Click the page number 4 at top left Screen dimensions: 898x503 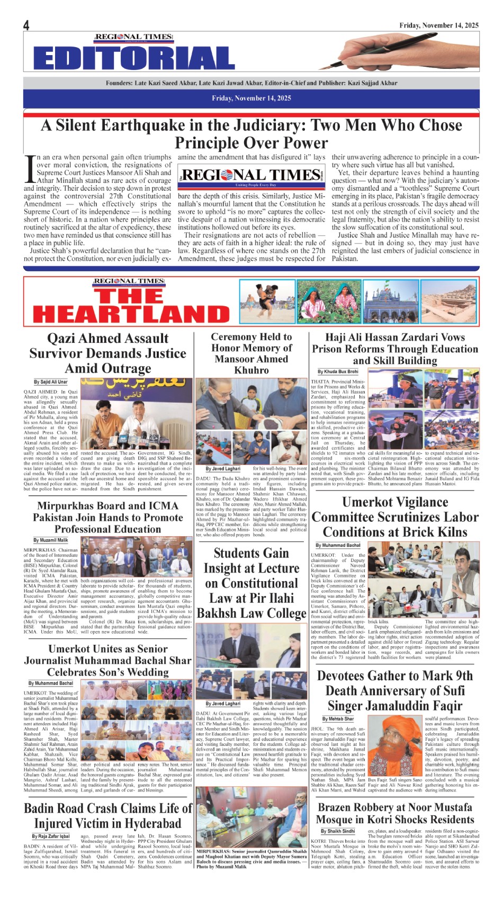click(x=26, y=25)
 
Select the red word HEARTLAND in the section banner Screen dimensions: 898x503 click(x=131, y=314)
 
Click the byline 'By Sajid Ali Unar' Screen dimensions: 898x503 click(x=51, y=382)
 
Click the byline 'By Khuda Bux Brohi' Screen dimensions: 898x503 click(x=338, y=372)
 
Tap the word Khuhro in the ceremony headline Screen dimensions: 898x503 click(x=251, y=370)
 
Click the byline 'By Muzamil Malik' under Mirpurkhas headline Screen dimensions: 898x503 click(x=51, y=540)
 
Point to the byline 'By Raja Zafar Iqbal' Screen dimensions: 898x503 click(x=51, y=836)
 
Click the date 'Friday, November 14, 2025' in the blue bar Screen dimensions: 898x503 click(x=251, y=98)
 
